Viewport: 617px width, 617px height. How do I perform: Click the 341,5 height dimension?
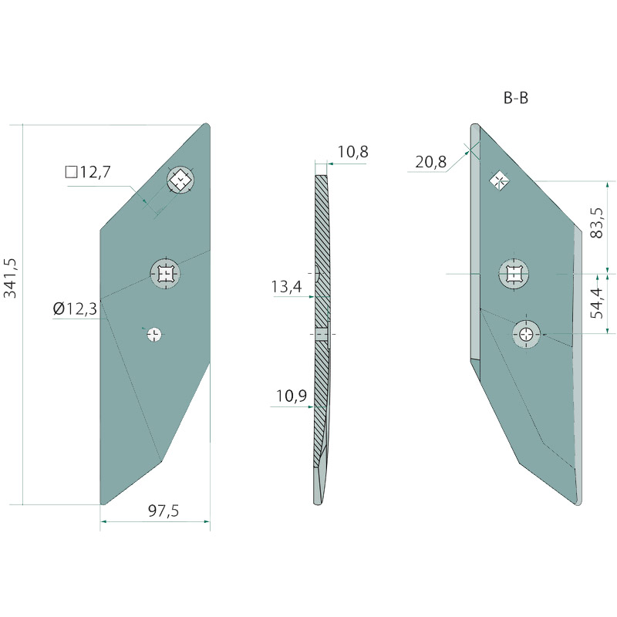pos(10,278)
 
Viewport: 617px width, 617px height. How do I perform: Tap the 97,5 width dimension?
pos(164,511)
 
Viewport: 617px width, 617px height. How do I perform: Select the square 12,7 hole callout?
pos(88,172)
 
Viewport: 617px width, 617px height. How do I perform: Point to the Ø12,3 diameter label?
pos(75,309)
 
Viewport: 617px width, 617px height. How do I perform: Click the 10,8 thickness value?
pos(353,152)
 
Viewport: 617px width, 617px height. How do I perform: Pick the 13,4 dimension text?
pos(286,287)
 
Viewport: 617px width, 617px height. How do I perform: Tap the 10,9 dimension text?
pos(292,396)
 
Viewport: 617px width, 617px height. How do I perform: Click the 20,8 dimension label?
pos(431,162)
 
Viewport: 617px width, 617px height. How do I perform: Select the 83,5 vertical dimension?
pos(597,223)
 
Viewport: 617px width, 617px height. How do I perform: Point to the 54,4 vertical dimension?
pos(597,303)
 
